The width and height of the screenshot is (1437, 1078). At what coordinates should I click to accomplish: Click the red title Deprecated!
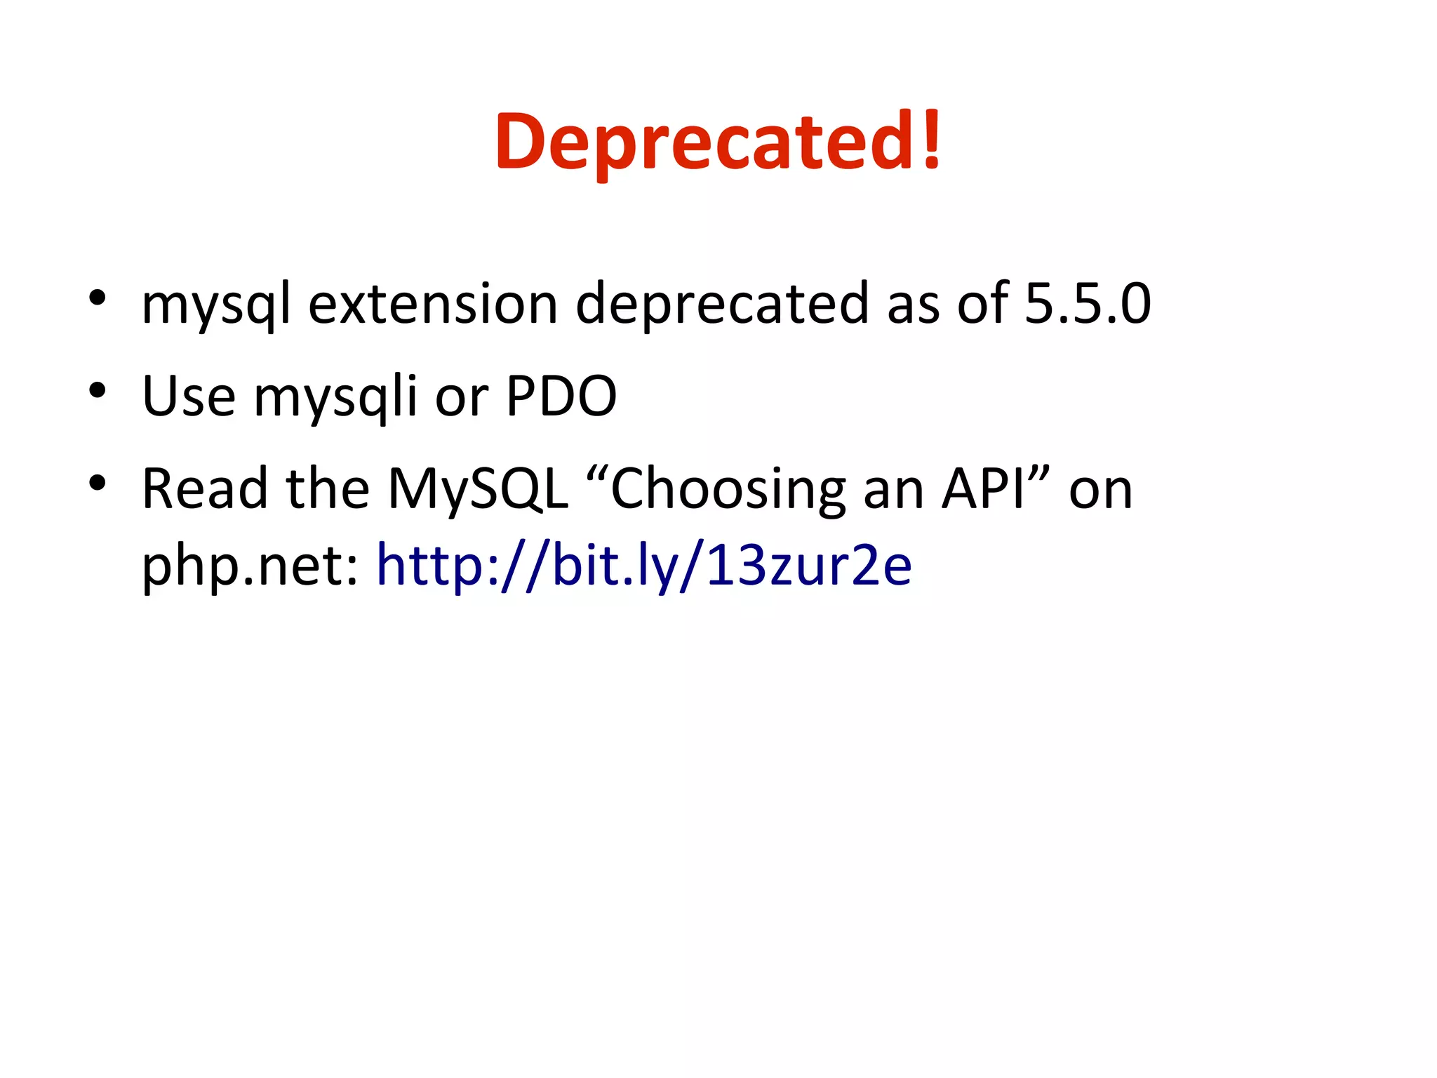point(718,142)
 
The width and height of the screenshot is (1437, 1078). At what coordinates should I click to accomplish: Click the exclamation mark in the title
point(931,140)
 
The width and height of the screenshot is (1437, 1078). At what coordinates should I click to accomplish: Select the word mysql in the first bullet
point(215,305)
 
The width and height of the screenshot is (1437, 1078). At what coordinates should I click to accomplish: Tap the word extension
point(433,304)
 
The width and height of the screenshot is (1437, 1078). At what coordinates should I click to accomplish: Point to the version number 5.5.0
point(1088,304)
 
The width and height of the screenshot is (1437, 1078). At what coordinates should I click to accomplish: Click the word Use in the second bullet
point(188,397)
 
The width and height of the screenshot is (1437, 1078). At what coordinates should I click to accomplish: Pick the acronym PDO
point(561,397)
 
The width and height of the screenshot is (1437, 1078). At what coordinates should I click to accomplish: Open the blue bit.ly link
point(644,566)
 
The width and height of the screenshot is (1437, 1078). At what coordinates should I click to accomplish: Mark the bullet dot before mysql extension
point(98,298)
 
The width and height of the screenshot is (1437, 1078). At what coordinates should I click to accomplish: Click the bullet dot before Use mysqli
point(98,390)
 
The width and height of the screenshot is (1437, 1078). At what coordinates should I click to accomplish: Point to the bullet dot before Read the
point(98,483)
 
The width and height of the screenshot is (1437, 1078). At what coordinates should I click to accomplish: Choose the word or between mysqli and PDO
point(461,398)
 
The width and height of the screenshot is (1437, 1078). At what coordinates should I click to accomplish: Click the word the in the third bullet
point(328,488)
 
